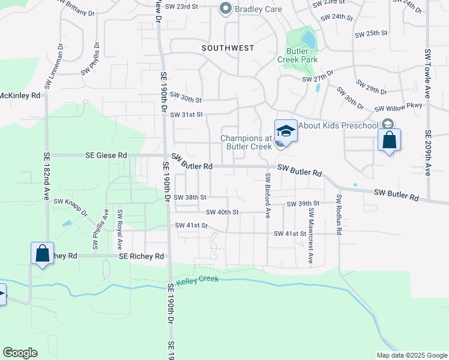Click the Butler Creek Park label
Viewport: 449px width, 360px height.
pos(297,55)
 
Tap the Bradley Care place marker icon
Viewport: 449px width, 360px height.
pos(226,8)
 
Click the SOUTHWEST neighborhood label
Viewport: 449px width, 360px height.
pos(228,48)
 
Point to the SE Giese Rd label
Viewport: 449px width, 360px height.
pos(106,155)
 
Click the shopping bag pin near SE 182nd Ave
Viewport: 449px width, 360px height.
pos(43,253)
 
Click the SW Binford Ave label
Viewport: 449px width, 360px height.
pos(268,195)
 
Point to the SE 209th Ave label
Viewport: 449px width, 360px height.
pos(428,153)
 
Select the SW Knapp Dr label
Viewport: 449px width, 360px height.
pos(71,208)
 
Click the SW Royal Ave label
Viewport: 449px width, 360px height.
pos(120,230)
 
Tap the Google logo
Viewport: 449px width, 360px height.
pos(20,353)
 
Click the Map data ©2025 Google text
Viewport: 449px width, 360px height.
pos(411,355)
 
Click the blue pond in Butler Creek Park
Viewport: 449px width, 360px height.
pos(309,40)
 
